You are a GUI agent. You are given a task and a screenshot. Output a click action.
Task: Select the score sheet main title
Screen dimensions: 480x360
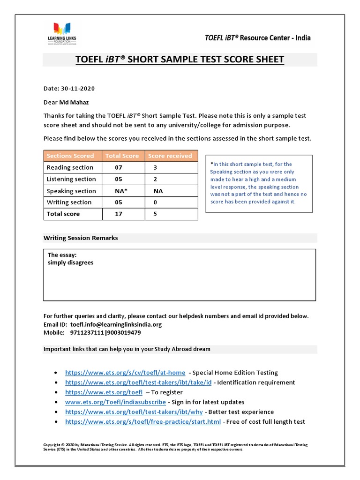coord(180,60)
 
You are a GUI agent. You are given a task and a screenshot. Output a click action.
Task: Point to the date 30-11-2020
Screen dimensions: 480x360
coord(78,88)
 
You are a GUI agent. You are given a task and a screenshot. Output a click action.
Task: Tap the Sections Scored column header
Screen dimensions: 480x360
coord(70,156)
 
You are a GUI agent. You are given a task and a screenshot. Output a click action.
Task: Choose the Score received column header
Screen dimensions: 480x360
coord(170,156)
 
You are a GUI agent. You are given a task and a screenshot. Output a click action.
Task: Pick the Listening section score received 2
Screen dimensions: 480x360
coord(155,179)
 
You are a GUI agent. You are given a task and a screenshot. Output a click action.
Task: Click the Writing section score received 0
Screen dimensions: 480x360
coord(155,202)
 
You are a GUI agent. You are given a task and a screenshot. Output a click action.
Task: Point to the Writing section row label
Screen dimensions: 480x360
coord(69,202)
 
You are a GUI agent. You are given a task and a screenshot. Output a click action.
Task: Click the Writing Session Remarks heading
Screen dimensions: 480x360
coord(81,238)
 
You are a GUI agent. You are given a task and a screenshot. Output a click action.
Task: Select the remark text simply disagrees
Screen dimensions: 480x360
coord(71,262)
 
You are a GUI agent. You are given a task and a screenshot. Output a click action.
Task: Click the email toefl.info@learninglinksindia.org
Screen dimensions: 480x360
coord(116,324)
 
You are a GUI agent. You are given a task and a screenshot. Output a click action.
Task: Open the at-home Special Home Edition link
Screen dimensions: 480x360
coord(125,373)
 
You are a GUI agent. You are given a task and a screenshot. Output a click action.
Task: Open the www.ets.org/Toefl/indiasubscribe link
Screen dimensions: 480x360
coord(115,402)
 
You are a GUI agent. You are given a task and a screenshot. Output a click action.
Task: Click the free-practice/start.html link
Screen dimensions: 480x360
coord(142,421)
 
